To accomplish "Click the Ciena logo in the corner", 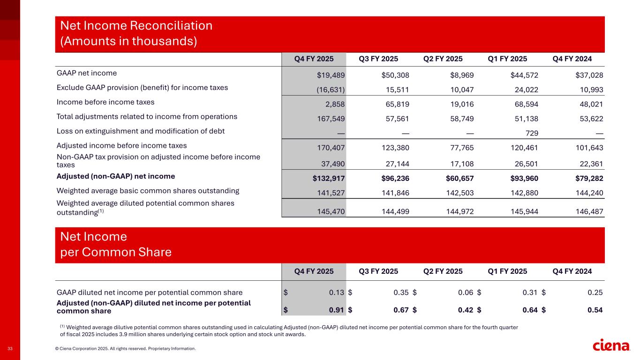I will pyautogui.click(x=611, y=345).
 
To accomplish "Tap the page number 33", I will pyautogui.click(x=10, y=349).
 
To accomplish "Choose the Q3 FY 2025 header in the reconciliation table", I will pyautogui.click(x=378, y=59).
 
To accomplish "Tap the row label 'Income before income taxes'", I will pyautogui.click(x=105, y=102).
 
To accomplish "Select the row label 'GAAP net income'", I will pyautogui.click(x=87, y=73).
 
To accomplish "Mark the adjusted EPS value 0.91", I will pyautogui.click(x=337, y=309).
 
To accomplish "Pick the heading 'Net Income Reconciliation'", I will pyautogui.click(x=136, y=25).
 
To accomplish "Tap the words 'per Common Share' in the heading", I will pyautogui.click(x=116, y=253).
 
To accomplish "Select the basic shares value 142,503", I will pyautogui.click(x=459, y=192).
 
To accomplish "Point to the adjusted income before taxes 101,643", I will pyautogui.click(x=588, y=148).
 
